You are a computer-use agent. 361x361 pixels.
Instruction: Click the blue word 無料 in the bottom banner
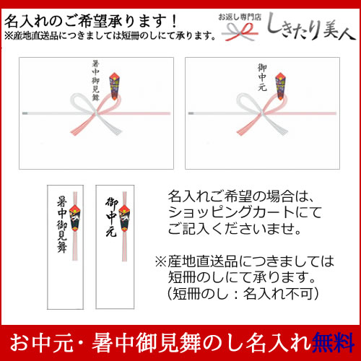pos(333,343)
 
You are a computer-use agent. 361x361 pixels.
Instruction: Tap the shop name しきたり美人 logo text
pos(311,27)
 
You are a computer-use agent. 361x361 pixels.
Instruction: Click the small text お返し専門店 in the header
pos(240,17)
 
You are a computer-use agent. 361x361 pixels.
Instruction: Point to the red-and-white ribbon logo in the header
pos(240,32)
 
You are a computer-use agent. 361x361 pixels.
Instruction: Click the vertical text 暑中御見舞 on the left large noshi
pos(95,80)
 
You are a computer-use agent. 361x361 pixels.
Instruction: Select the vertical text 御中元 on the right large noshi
pos(262,77)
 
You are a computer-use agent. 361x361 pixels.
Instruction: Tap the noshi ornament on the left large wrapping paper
pos(115,86)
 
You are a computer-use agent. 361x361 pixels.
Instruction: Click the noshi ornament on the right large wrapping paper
pos(281,86)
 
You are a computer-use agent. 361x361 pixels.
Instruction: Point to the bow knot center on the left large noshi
pos(96,113)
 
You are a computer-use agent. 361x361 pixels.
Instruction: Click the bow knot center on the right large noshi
pos(262,113)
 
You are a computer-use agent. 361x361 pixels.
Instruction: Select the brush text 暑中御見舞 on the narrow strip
pos(61,225)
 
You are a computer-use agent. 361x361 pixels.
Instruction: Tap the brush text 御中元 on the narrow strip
pos(111,217)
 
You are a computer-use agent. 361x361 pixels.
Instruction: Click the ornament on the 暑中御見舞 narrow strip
pos(75,219)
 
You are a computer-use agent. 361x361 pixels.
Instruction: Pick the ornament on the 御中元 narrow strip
pos(124,219)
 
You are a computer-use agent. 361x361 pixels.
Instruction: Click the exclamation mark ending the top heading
pos(175,21)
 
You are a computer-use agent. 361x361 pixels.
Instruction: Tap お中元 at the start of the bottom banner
pos(41,343)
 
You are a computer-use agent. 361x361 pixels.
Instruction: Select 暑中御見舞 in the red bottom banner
pos(147,343)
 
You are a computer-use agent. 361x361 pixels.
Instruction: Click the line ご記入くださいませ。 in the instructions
pos(235,228)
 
